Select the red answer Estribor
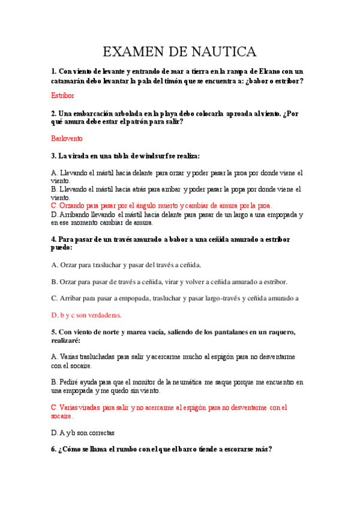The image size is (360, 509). pyautogui.click(x=63, y=95)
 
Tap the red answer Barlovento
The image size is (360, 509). pyautogui.click(x=67, y=138)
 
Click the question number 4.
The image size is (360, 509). pyautogui.click(x=54, y=239)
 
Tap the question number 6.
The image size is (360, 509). pyautogui.click(x=54, y=449)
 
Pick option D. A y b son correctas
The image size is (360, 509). pyautogui.click(x=83, y=432)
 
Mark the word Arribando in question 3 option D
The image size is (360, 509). pyautogui.click(x=76, y=214)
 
